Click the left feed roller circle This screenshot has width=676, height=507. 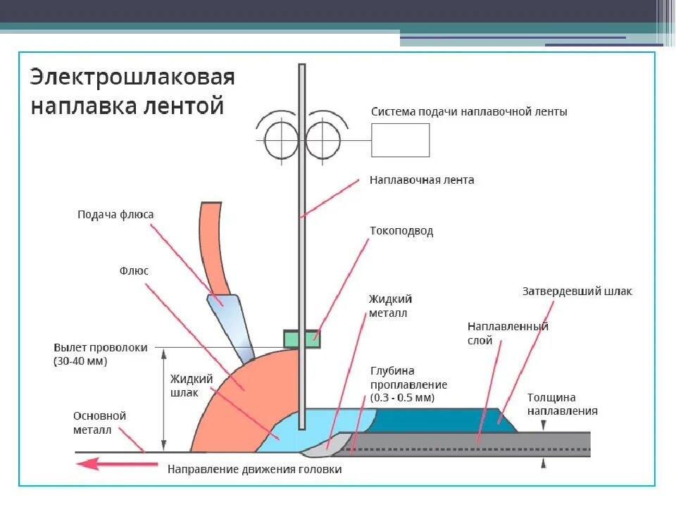tap(281, 133)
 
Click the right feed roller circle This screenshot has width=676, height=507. tap(323, 133)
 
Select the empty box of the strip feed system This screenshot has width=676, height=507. tap(400, 139)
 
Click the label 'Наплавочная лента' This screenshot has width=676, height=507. tap(422, 180)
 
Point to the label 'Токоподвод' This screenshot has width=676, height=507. tap(401, 231)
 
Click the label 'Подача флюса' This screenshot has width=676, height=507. tap(115, 215)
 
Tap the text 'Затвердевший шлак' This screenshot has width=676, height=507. tap(577, 291)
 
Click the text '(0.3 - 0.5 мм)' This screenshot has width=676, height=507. tap(402, 398)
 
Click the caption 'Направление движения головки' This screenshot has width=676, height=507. tap(254, 469)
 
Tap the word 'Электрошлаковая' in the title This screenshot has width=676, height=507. tap(132, 77)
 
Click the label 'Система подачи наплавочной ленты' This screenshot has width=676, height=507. tap(469, 111)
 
